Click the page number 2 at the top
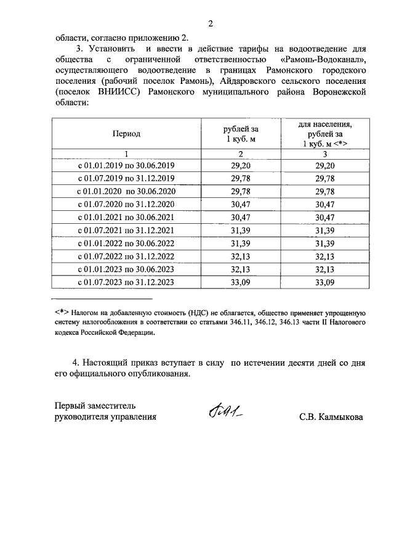coord(210,24)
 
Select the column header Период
coord(126,133)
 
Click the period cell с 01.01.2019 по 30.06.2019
coord(126,166)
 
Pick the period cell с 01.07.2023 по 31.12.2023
coord(126,282)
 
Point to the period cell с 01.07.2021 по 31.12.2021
coord(126,231)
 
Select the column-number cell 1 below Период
coord(126,154)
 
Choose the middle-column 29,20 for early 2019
coord(241,166)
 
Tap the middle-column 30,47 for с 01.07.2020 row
coord(241,205)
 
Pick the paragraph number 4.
coord(76,363)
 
